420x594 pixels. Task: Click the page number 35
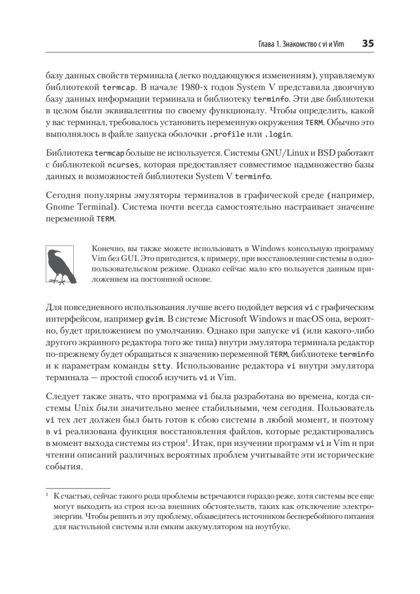pyautogui.click(x=368, y=44)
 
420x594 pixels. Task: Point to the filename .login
pyautogui.click(x=278, y=134)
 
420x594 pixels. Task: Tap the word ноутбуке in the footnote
pyautogui.click(x=270, y=527)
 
